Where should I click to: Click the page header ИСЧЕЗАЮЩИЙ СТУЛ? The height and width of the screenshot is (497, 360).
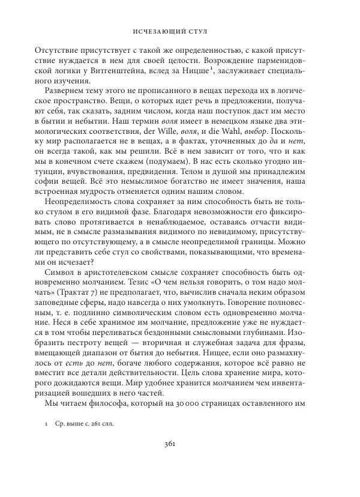(x=179, y=30)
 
